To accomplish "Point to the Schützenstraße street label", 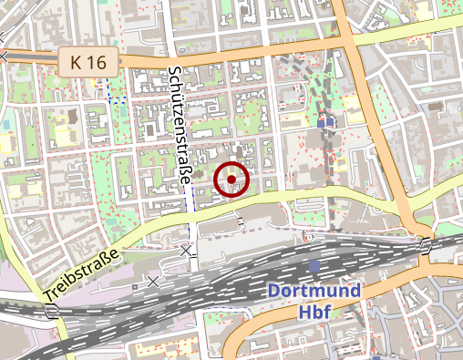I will pos(179,126).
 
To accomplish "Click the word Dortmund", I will pos(314,293).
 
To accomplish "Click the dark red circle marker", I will pos(231,180).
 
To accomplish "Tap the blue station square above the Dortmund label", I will pos(314,265).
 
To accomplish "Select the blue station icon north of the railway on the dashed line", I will pos(326,120).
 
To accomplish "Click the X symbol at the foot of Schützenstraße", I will pos(187,250).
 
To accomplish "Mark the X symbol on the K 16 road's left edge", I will pos(5,57).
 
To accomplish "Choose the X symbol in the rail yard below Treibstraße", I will pos(152,283).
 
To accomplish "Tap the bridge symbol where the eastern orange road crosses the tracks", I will pos(426,243).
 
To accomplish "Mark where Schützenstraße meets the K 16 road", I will pos(170,58).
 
